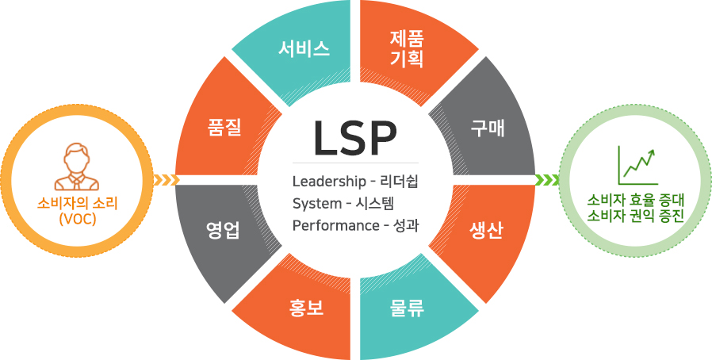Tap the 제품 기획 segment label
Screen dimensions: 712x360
[x=407, y=49]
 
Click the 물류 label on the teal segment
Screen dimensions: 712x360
[x=407, y=308]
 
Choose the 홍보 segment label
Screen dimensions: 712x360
[x=306, y=308]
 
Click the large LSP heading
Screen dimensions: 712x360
[x=355, y=138]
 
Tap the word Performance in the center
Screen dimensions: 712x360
[x=333, y=226]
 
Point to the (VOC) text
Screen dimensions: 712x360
[x=77, y=219]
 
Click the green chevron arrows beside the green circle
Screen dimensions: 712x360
[x=547, y=180]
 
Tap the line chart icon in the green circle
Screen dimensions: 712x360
[x=637, y=165]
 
